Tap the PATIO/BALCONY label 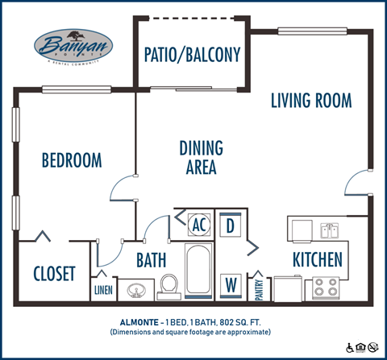click(192, 55)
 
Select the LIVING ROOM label click(310, 101)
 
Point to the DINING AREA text click(201, 158)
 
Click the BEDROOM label click(72, 159)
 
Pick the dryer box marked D click(230, 225)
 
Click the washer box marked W click(230, 284)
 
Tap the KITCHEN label click(317, 260)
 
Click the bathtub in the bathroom click(198, 271)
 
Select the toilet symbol click(169, 286)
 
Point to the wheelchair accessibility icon click(350, 348)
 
